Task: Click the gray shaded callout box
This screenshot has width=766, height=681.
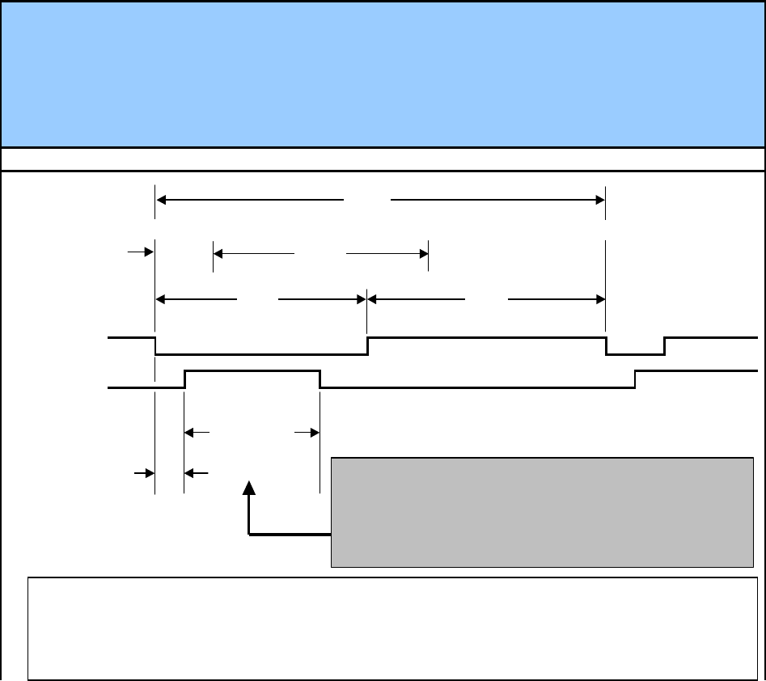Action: point(542,512)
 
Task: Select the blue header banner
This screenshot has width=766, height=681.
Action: point(383,74)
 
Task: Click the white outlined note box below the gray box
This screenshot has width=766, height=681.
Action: point(387,628)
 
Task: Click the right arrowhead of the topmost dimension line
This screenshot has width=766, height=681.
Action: point(599,199)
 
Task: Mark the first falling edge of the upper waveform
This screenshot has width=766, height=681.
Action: point(155,345)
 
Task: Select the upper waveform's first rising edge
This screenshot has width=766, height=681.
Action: point(368,345)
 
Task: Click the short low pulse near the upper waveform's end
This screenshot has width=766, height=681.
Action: point(635,353)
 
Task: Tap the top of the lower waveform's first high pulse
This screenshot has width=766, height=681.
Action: point(252,370)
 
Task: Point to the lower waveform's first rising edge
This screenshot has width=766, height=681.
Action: point(185,379)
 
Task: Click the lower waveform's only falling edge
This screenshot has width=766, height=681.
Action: point(320,379)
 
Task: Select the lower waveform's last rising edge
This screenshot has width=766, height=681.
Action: point(635,379)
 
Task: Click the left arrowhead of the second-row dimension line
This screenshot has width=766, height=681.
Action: point(218,253)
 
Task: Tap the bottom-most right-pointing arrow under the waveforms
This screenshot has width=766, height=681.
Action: point(149,471)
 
